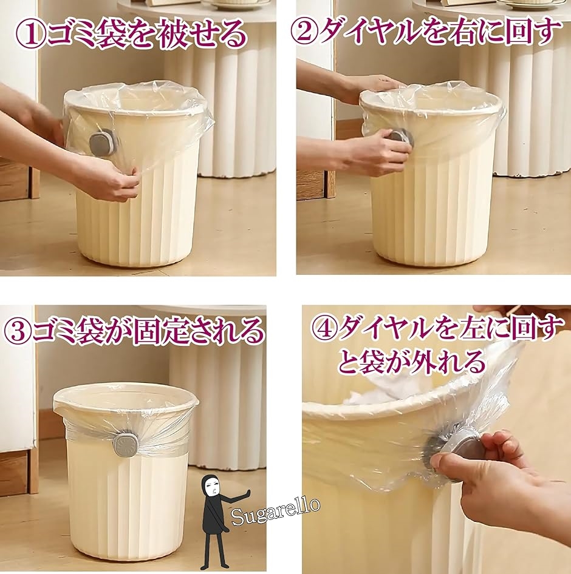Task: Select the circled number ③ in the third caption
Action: tap(17, 331)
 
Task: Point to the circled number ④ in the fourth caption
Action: tap(324, 329)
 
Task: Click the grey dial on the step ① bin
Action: tap(103, 141)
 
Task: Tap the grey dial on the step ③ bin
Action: tap(125, 444)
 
